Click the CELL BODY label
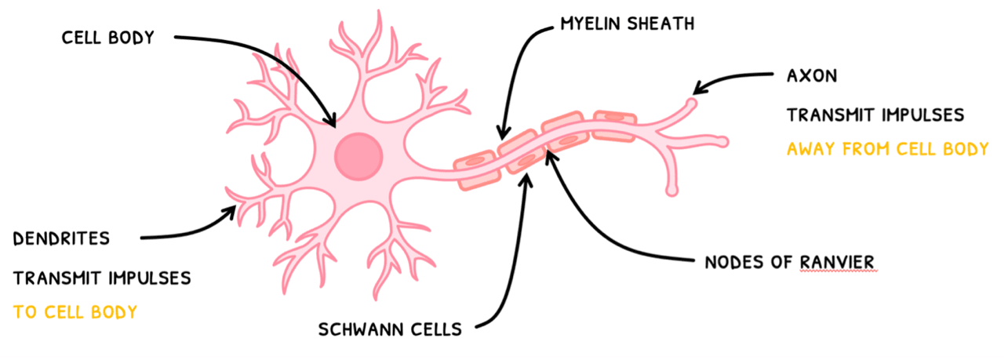click(x=109, y=37)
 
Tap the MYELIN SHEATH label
click(x=627, y=24)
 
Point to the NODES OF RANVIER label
click(x=790, y=261)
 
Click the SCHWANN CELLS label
click(x=390, y=329)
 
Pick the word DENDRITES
click(x=61, y=238)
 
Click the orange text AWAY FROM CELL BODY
click(x=887, y=148)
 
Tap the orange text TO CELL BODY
click(x=75, y=312)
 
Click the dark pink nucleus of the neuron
click(x=358, y=155)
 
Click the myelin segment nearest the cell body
click(x=476, y=172)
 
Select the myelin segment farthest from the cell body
click(x=614, y=126)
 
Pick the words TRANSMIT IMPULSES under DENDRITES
click(x=102, y=278)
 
